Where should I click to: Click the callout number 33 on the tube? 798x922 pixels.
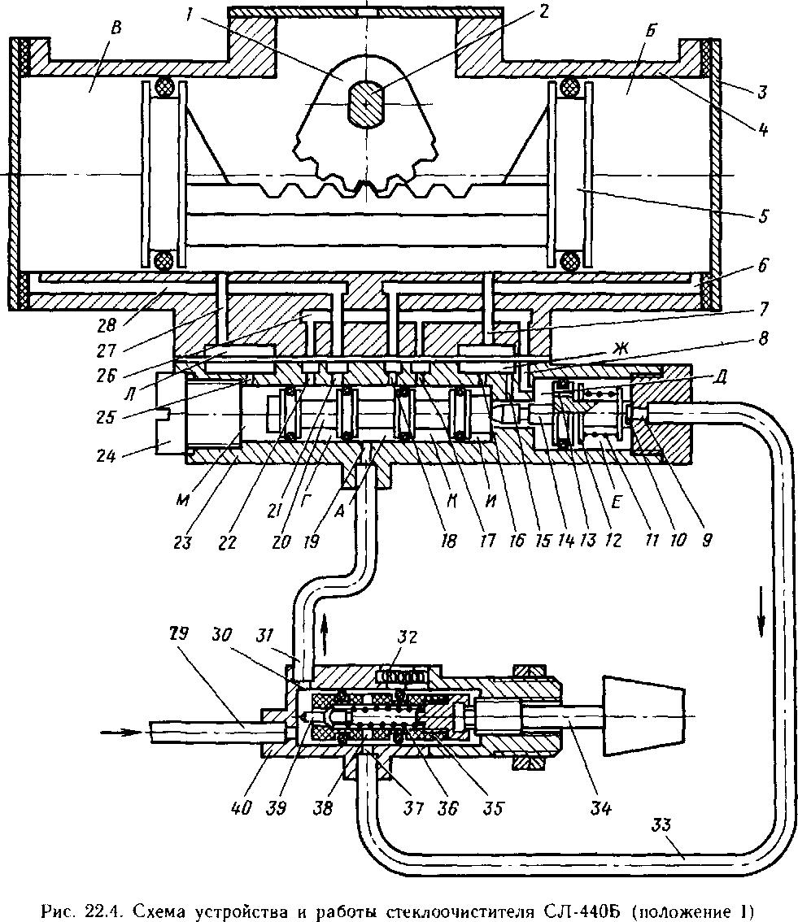pos(661,824)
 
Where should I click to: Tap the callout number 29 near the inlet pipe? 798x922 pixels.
pos(180,633)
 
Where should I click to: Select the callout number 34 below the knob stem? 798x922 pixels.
pos(600,808)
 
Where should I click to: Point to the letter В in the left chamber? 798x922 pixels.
pos(116,28)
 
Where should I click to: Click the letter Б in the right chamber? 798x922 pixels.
pos(650,31)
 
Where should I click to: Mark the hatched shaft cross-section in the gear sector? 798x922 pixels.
pos(366,104)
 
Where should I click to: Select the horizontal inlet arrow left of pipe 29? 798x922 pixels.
pos(122,732)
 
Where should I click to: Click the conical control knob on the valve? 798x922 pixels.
pos(643,715)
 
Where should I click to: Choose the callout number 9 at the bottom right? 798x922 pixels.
pos(708,538)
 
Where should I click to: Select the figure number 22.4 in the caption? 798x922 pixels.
pos(102,911)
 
